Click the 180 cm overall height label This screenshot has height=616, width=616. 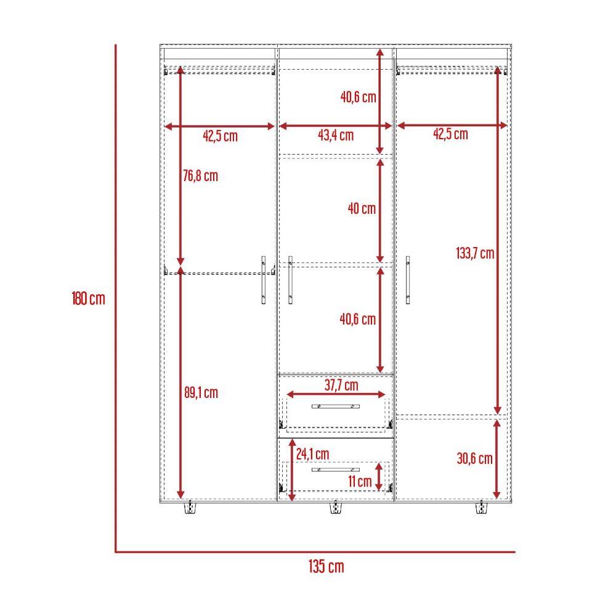[88, 298]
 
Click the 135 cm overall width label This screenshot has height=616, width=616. [326, 567]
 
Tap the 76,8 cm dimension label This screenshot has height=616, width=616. [200, 176]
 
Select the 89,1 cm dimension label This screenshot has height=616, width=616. [201, 392]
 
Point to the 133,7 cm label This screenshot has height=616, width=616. [475, 253]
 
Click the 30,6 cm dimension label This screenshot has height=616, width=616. [474, 458]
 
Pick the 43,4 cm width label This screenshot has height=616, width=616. [336, 135]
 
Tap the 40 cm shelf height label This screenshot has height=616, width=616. [362, 208]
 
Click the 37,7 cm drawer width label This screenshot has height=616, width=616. [341, 385]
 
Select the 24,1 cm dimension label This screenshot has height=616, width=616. [313, 454]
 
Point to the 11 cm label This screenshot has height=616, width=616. [360, 481]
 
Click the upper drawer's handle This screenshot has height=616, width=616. [336, 406]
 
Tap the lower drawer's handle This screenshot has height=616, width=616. [336, 469]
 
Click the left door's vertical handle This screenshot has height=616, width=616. [264, 280]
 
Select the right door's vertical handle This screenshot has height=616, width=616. [408, 280]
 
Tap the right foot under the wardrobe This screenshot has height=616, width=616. [482, 508]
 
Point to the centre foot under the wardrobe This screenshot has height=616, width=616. [336, 508]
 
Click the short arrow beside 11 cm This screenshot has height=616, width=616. [379, 477]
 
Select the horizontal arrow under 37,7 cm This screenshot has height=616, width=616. [336, 394]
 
